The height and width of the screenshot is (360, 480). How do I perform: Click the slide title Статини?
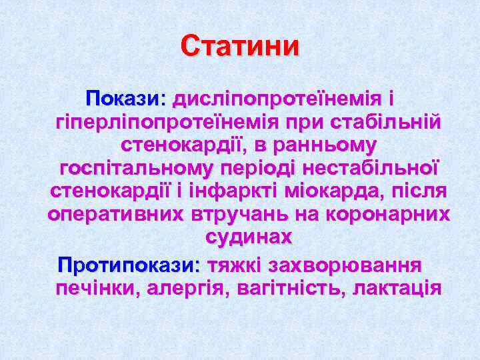click(x=240, y=48)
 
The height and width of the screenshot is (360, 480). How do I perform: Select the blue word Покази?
click(x=123, y=99)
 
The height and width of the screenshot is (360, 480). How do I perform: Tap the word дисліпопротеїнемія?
click(x=277, y=99)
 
